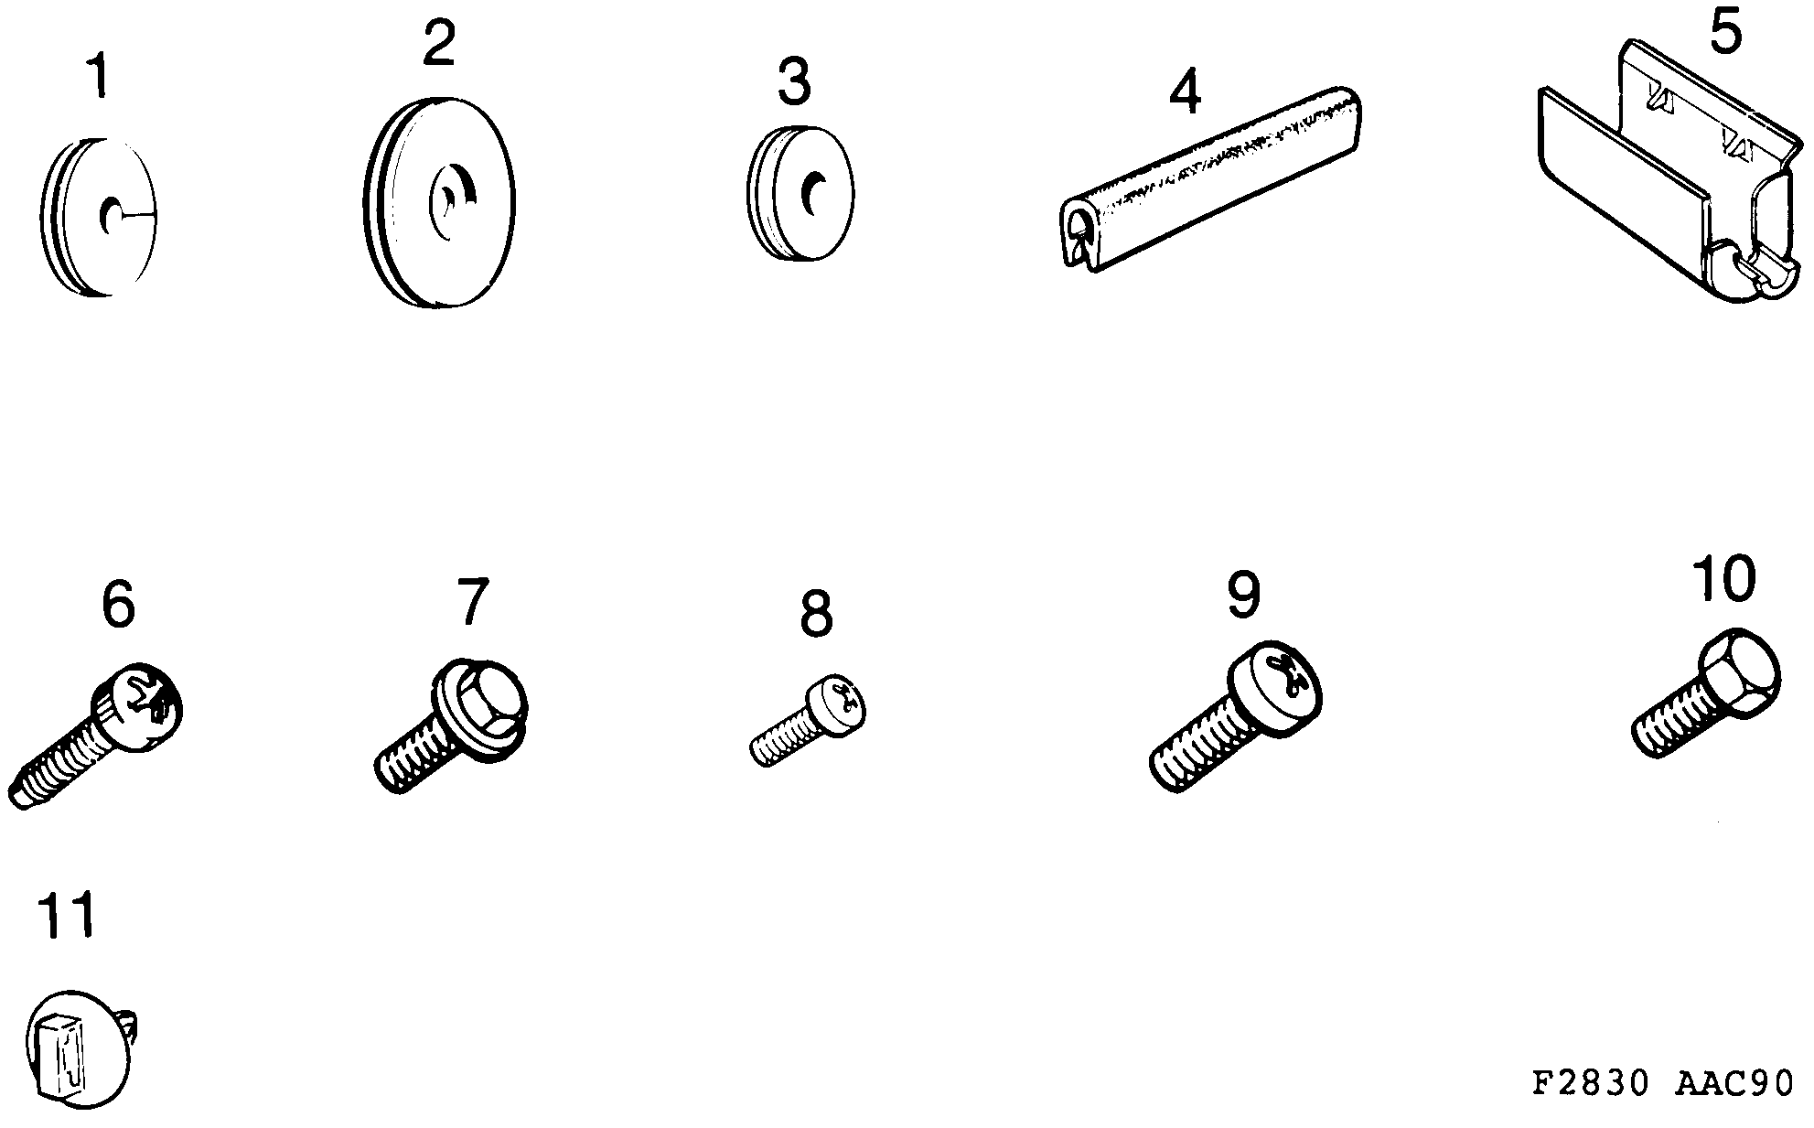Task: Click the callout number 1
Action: [x=98, y=77]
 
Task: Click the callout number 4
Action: [x=1185, y=93]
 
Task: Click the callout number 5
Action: [x=1724, y=34]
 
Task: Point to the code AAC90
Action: [x=1733, y=1083]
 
